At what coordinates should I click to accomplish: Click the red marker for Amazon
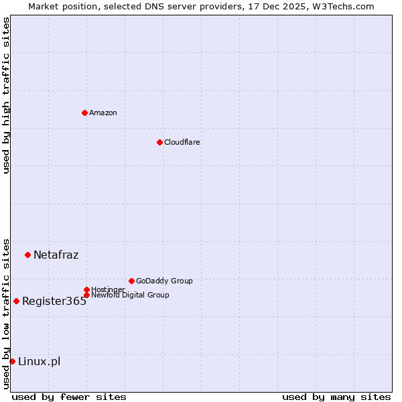pos(84,113)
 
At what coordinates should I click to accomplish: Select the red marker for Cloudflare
pos(159,142)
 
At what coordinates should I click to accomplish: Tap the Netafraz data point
pos(27,255)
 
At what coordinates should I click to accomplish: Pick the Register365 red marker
pos(16,301)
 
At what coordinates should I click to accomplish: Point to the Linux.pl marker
pos(12,362)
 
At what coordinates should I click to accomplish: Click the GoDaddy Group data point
pos(131,281)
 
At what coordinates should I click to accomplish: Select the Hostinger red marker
pos(86,289)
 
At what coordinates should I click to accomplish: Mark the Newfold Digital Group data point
pos(86,295)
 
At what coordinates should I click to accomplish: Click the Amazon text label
pos(103,113)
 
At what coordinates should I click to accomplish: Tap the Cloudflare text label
pos(182,142)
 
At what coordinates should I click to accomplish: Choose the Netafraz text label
pos(56,255)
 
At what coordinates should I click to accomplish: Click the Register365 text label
pos(54,301)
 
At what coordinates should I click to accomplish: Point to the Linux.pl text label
pos(39,362)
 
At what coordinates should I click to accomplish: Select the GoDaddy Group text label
pos(164,281)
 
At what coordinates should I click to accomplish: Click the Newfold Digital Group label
pos(131,295)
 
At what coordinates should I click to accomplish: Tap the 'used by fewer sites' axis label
pos(69,397)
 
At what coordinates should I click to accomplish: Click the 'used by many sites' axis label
pos(336,397)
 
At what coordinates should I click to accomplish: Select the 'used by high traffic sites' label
pos(6,95)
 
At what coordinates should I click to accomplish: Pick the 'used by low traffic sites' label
pos(6,314)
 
